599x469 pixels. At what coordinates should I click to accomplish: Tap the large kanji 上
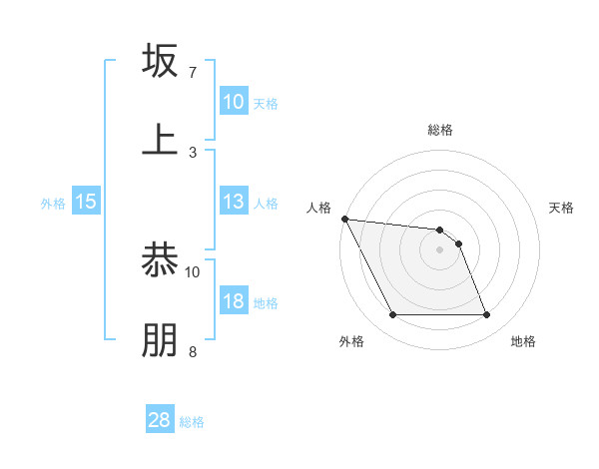[x=161, y=139]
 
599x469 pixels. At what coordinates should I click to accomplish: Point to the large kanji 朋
[x=161, y=339]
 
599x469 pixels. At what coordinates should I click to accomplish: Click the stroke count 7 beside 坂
[x=193, y=73]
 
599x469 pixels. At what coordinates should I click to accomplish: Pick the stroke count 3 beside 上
[x=193, y=152]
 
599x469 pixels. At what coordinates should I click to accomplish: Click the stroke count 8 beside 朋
[x=193, y=351]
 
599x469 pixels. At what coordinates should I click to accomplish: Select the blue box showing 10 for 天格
[x=234, y=102]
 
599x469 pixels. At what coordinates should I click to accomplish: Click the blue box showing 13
[x=234, y=202]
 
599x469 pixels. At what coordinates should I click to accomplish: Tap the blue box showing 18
[x=234, y=301]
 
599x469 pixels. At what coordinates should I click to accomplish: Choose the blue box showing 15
[x=86, y=202]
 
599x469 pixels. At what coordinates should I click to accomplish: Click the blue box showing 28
[x=160, y=420]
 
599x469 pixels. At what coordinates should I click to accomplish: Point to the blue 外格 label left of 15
[x=53, y=203]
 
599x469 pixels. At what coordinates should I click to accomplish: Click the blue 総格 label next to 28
[x=193, y=421]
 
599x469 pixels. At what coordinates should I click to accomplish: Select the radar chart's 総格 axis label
[x=439, y=130]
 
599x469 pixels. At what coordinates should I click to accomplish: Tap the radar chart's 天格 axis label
[x=562, y=208]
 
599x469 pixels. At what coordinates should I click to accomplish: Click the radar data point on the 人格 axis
[x=344, y=219]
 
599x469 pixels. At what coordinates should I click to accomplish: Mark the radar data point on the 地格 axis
[x=486, y=315]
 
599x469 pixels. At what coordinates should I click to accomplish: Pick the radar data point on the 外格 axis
[x=392, y=315]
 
